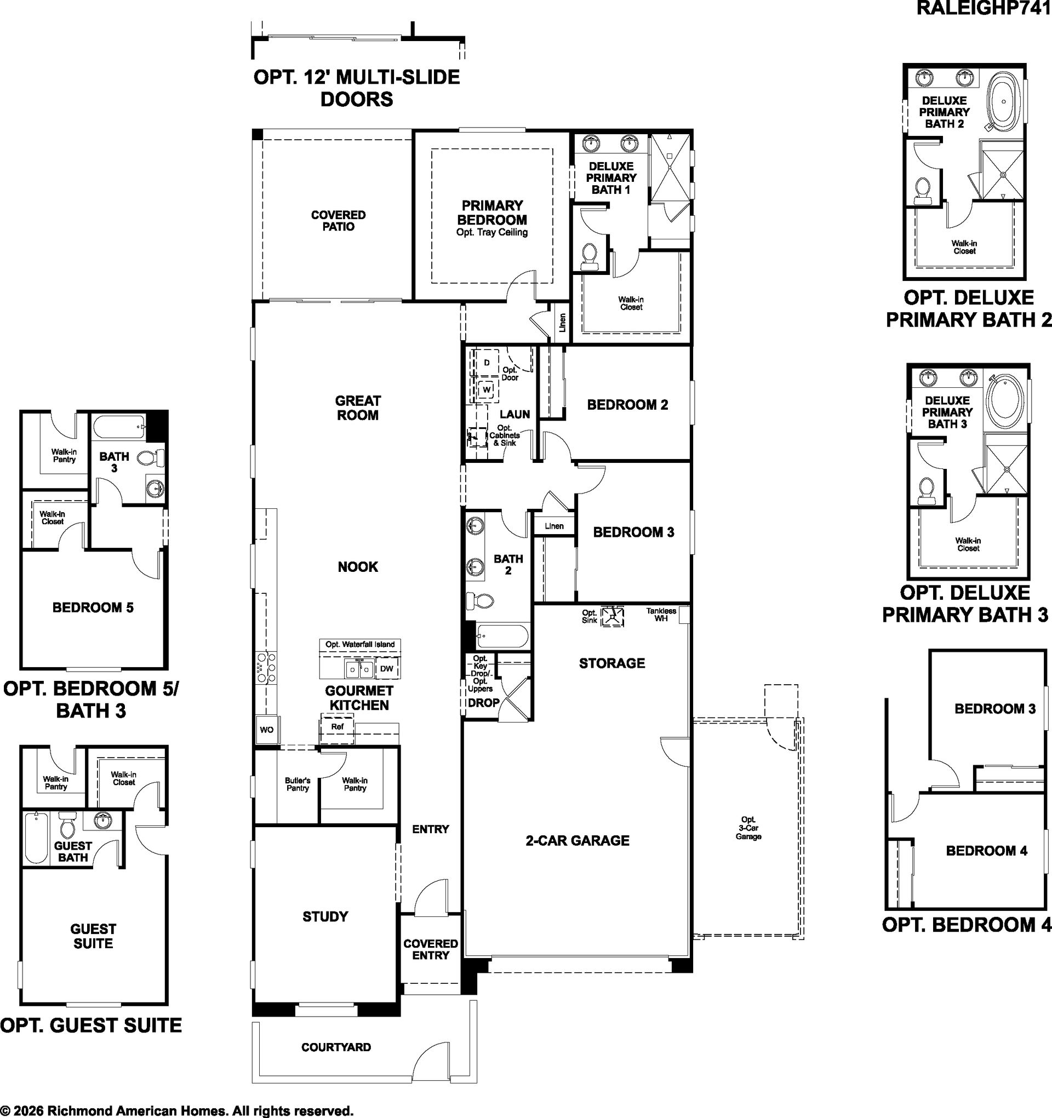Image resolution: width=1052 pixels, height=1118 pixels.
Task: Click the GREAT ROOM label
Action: coord(358,408)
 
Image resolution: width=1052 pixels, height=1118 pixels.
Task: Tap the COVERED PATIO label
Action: coord(338,220)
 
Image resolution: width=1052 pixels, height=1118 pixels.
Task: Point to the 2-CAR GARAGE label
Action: coord(577,840)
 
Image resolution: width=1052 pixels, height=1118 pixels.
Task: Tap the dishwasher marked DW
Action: coord(386,669)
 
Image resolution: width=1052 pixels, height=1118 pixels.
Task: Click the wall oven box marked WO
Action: coord(266,730)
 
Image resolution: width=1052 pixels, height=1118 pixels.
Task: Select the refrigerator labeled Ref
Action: coord(337,726)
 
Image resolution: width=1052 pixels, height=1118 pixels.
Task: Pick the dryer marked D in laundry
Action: coord(487,363)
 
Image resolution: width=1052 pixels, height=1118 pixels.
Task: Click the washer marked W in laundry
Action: coord(487,389)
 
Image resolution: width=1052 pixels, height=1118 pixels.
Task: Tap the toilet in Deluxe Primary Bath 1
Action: coord(590,256)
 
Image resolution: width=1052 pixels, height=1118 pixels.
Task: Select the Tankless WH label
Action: coord(661,614)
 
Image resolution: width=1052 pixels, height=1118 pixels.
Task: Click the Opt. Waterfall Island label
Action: coord(360,644)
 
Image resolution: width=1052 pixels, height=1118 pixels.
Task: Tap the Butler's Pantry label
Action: coord(298,784)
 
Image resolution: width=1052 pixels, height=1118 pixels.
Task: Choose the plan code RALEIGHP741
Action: coord(984,8)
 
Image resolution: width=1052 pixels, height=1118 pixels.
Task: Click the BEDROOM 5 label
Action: coord(93,607)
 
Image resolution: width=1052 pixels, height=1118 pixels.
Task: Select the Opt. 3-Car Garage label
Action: coord(748,828)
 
